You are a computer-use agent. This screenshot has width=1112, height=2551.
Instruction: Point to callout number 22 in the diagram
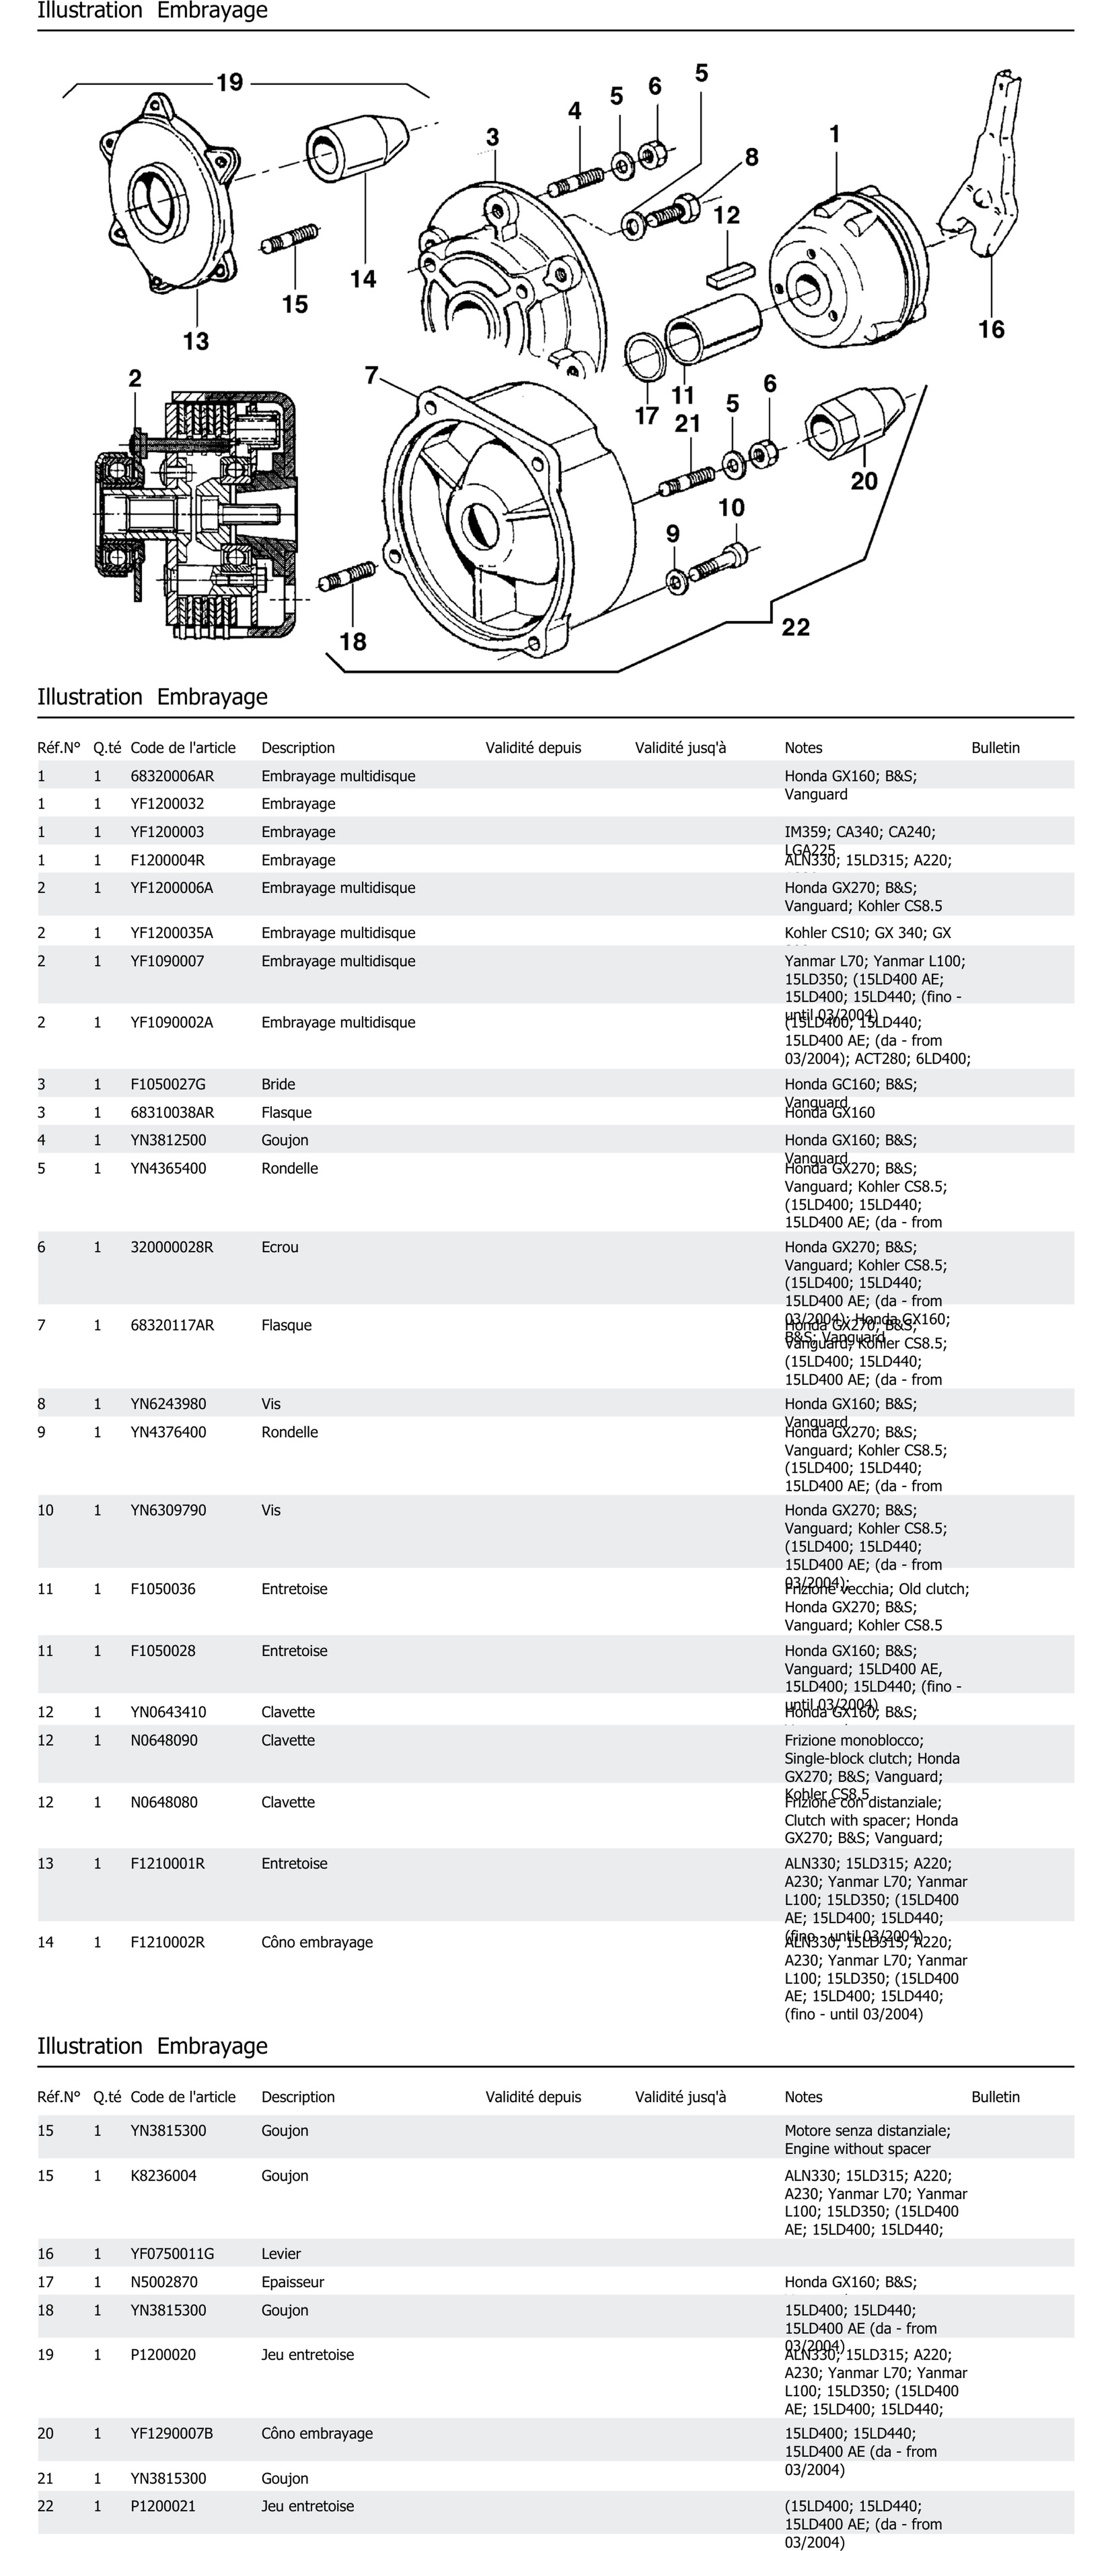pos(795,627)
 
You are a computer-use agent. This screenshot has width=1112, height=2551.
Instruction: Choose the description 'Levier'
pos(281,2253)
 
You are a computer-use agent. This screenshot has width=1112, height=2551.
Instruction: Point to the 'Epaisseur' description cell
pos(293,2281)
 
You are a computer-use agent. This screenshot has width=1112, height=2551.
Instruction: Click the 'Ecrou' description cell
pos(280,1247)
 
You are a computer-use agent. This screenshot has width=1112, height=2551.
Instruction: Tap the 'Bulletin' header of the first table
pos(995,748)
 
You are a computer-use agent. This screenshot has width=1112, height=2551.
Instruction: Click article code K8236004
pos(163,2176)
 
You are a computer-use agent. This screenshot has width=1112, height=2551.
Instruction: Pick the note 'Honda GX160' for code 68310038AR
pos(830,1112)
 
